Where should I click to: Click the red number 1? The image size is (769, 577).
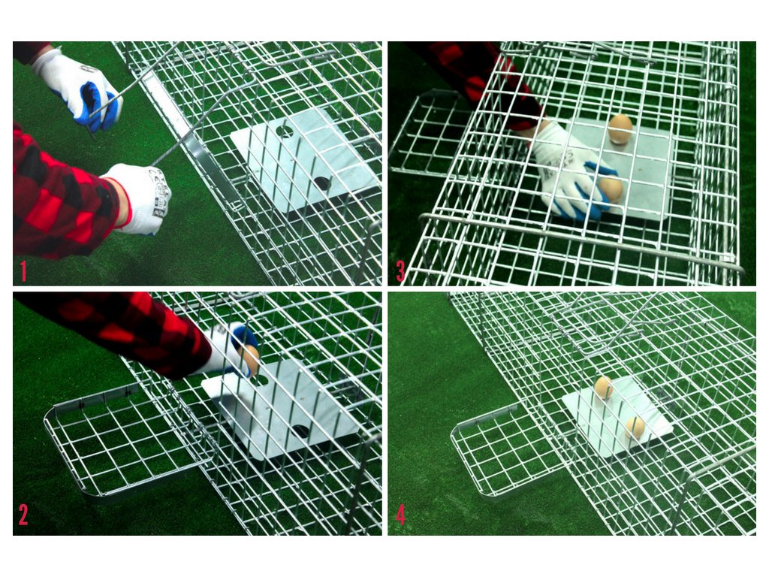[23, 272]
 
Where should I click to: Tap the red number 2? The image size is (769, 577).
[23, 515]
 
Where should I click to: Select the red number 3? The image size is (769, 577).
[401, 271]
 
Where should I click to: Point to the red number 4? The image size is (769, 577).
[401, 515]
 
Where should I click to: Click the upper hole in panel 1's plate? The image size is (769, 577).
[285, 131]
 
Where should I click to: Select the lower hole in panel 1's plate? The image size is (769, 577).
[322, 184]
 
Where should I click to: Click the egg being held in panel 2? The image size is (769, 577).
[249, 358]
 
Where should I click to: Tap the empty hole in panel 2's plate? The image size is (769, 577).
[300, 432]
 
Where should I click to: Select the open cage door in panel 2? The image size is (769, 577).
[122, 442]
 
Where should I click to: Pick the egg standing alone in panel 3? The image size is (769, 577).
[620, 128]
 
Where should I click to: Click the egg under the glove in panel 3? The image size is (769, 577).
[611, 189]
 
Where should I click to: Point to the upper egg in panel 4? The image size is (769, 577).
[603, 387]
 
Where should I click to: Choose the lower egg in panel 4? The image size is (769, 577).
[635, 427]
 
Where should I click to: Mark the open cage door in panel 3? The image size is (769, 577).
[432, 132]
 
